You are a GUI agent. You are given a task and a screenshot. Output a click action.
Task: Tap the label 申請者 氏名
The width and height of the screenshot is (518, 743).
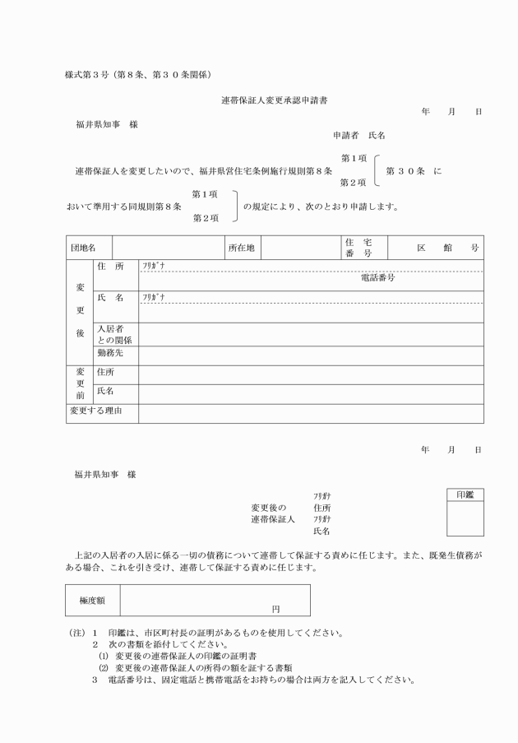(358, 134)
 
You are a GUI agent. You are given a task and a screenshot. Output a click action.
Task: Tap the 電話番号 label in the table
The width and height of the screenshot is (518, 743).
(378, 278)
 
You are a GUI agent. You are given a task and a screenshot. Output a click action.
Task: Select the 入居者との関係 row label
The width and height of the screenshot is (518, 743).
(114, 334)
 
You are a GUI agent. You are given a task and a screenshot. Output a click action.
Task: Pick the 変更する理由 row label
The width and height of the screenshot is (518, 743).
(95, 410)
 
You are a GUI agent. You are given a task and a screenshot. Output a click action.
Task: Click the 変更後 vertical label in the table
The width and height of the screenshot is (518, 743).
(81, 312)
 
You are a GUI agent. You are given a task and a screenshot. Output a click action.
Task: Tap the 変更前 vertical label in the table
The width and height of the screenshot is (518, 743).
(81, 383)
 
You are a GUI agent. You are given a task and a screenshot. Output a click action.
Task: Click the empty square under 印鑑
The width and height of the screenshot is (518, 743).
(465, 518)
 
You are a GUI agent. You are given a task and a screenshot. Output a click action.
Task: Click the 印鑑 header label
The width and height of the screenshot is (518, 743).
(465, 495)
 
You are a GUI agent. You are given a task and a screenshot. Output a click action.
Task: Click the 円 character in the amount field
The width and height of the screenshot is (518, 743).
(276, 610)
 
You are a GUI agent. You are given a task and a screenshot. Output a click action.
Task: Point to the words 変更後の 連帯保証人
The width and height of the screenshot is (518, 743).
(272, 514)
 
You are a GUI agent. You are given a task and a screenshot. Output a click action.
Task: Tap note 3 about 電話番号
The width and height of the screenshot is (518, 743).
(255, 680)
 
